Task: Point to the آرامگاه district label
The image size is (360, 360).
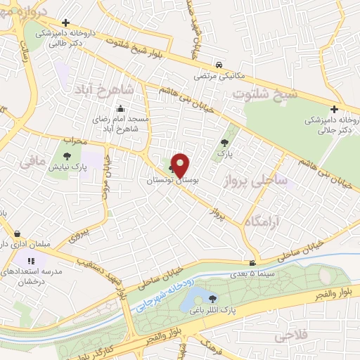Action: [264, 221]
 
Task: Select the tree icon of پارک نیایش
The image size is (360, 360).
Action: [67, 157]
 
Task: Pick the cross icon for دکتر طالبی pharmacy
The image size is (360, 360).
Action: [65, 23]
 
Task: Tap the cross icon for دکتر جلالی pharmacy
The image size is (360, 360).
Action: [334, 109]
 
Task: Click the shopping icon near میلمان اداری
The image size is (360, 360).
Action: [18, 233]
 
